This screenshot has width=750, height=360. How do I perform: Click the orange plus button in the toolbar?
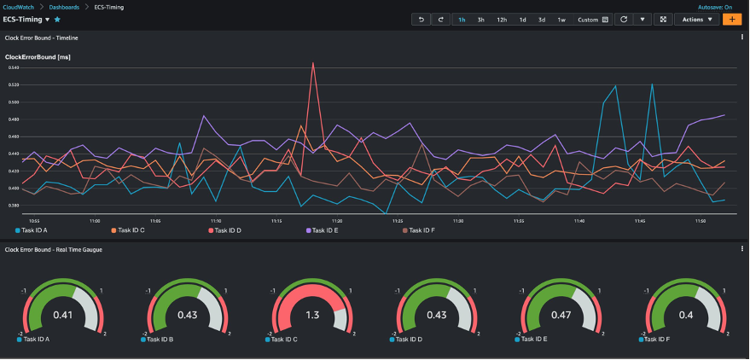pyautogui.click(x=731, y=19)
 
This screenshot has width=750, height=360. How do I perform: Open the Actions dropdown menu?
pyautogui.click(x=696, y=19)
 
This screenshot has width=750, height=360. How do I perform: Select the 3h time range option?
pyautogui.click(x=481, y=19)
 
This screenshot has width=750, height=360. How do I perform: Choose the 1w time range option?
pyautogui.click(x=561, y=19)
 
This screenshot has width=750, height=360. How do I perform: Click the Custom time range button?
pyautogui.click(x=593, y=19)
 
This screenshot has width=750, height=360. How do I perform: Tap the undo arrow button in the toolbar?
pyautogui.click(x=422, y=19)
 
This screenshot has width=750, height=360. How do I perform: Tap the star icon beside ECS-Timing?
pyautogui.click(x=57, y=19)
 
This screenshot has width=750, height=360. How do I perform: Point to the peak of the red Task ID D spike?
pyautogui.click(x=313, y=62)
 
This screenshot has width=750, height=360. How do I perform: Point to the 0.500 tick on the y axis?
pyautogui.click(x=13, y=102)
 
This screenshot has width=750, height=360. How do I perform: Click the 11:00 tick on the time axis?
pyautogui.click(x=94, y=220)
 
